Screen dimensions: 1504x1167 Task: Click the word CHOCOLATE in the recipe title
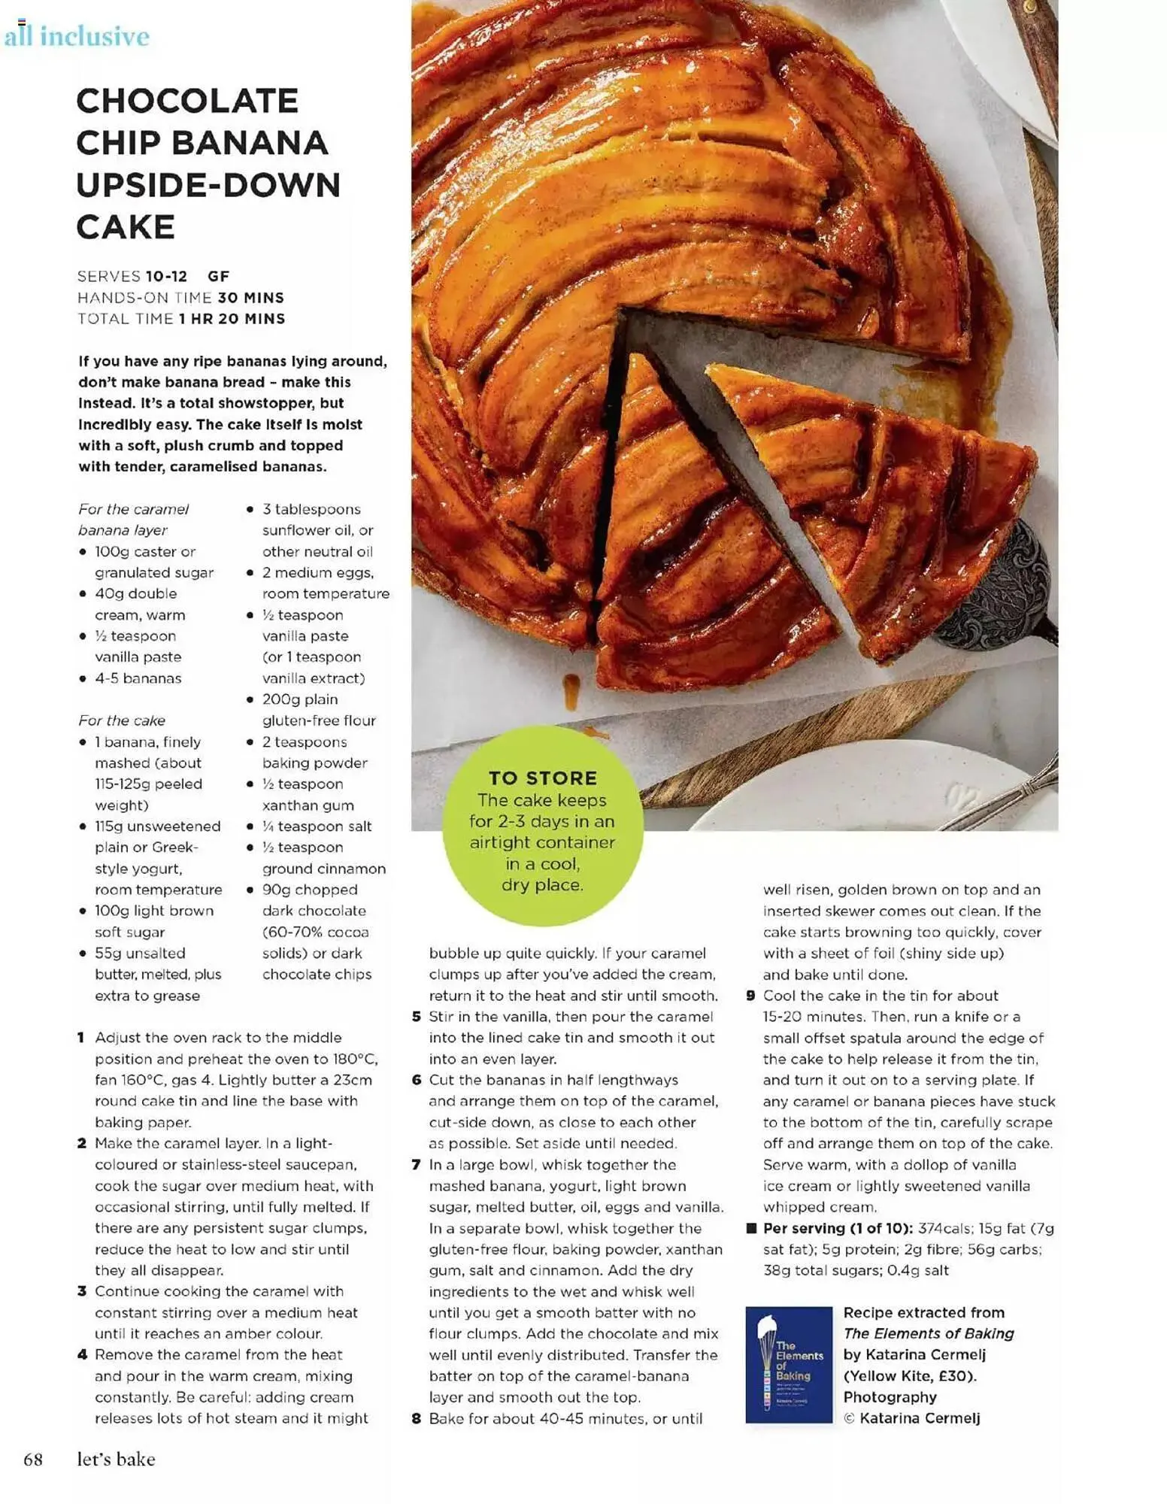coord(187,101)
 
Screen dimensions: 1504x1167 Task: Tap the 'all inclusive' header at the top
coord(76,36)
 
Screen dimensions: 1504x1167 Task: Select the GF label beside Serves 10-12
coord(219,276)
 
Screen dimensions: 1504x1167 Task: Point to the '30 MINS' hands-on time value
coord(251,298)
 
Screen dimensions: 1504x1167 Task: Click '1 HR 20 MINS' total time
coord(232,319)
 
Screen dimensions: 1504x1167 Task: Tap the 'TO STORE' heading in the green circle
coord(542,778)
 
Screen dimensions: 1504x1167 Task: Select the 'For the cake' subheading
coord(122,720)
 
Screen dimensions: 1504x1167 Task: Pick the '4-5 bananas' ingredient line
coord(138,678)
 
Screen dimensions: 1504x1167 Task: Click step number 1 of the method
coord(81,1038)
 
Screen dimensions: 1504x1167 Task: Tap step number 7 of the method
coord(416,1165)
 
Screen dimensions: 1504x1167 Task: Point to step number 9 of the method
coord(750,996)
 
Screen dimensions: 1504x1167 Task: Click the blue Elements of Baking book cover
coord(788,1364)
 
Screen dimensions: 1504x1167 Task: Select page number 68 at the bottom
coord(33,1460)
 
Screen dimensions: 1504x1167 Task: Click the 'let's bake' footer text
coord(116,1460)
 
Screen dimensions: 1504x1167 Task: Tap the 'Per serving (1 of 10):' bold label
coord(837,1228)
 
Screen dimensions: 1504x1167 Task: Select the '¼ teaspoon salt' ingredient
coord(317,826)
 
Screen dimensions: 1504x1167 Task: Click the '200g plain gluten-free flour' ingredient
coord(318,710)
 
